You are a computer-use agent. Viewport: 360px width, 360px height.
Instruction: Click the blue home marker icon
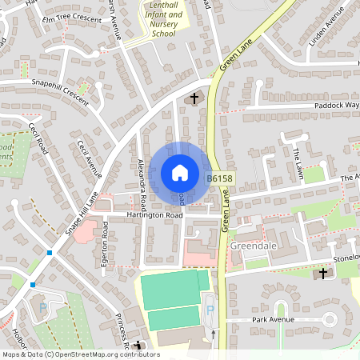pyautogui.click(x=180, y=173)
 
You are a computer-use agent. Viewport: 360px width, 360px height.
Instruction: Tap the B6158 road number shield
pyautogui.click(x=219, y=179)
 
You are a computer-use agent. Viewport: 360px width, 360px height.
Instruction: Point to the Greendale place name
pyautogui.click(x=252, y=246)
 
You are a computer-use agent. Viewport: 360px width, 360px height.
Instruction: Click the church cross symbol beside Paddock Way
pyautogui.click(x=194, y=98)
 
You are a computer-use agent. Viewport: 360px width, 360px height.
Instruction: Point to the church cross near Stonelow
pyautogui.click(x=323, y=274)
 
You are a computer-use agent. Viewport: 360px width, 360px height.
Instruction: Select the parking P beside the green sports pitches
pyautogui.click(x=210, y=309)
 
